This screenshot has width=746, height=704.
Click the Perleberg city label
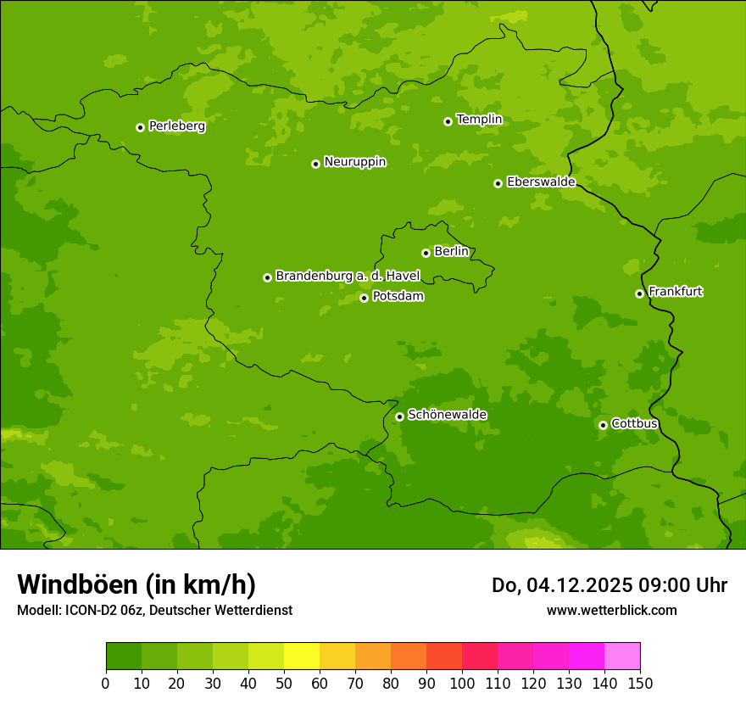pos(176,126)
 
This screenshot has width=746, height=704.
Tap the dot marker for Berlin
pos(426,253)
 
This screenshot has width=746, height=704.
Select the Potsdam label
pos(398,297)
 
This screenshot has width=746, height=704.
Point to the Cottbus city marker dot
pos(603,425)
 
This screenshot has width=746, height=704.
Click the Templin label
pos(479,120)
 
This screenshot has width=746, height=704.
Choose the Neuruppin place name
pos(354,162)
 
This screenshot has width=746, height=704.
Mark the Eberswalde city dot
pos(498,183)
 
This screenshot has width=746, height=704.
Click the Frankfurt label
pos(675,292)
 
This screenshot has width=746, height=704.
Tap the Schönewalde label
pos(447,415)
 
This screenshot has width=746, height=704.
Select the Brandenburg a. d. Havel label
pos(348,277)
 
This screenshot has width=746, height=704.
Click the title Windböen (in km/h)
pos(136,584)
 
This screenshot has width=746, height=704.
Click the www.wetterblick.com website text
pos(611,610)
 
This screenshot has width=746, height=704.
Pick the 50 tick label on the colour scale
pos(284,683)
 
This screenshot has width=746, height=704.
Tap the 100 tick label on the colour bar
pos(462,683)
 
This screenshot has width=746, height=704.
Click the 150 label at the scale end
pos(640,683)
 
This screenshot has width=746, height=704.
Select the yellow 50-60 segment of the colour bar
pos(302,657)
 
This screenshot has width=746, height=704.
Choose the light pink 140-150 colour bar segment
pos(622,657)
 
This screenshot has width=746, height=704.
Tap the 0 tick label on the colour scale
pos(106,683)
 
